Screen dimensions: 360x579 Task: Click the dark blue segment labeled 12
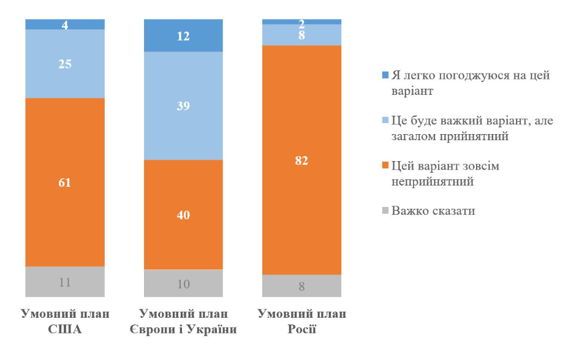coord(183,36)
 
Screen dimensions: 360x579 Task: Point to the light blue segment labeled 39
coord(183,105)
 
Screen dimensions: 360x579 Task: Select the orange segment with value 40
coord(183,214)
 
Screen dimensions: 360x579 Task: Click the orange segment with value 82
coord(301,160)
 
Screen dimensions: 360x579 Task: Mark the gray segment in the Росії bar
coord(301,285)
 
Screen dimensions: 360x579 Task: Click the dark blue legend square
coord(385,75)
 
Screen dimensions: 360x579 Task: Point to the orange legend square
coord(385,166)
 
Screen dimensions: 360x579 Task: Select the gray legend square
coord(385,211)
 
